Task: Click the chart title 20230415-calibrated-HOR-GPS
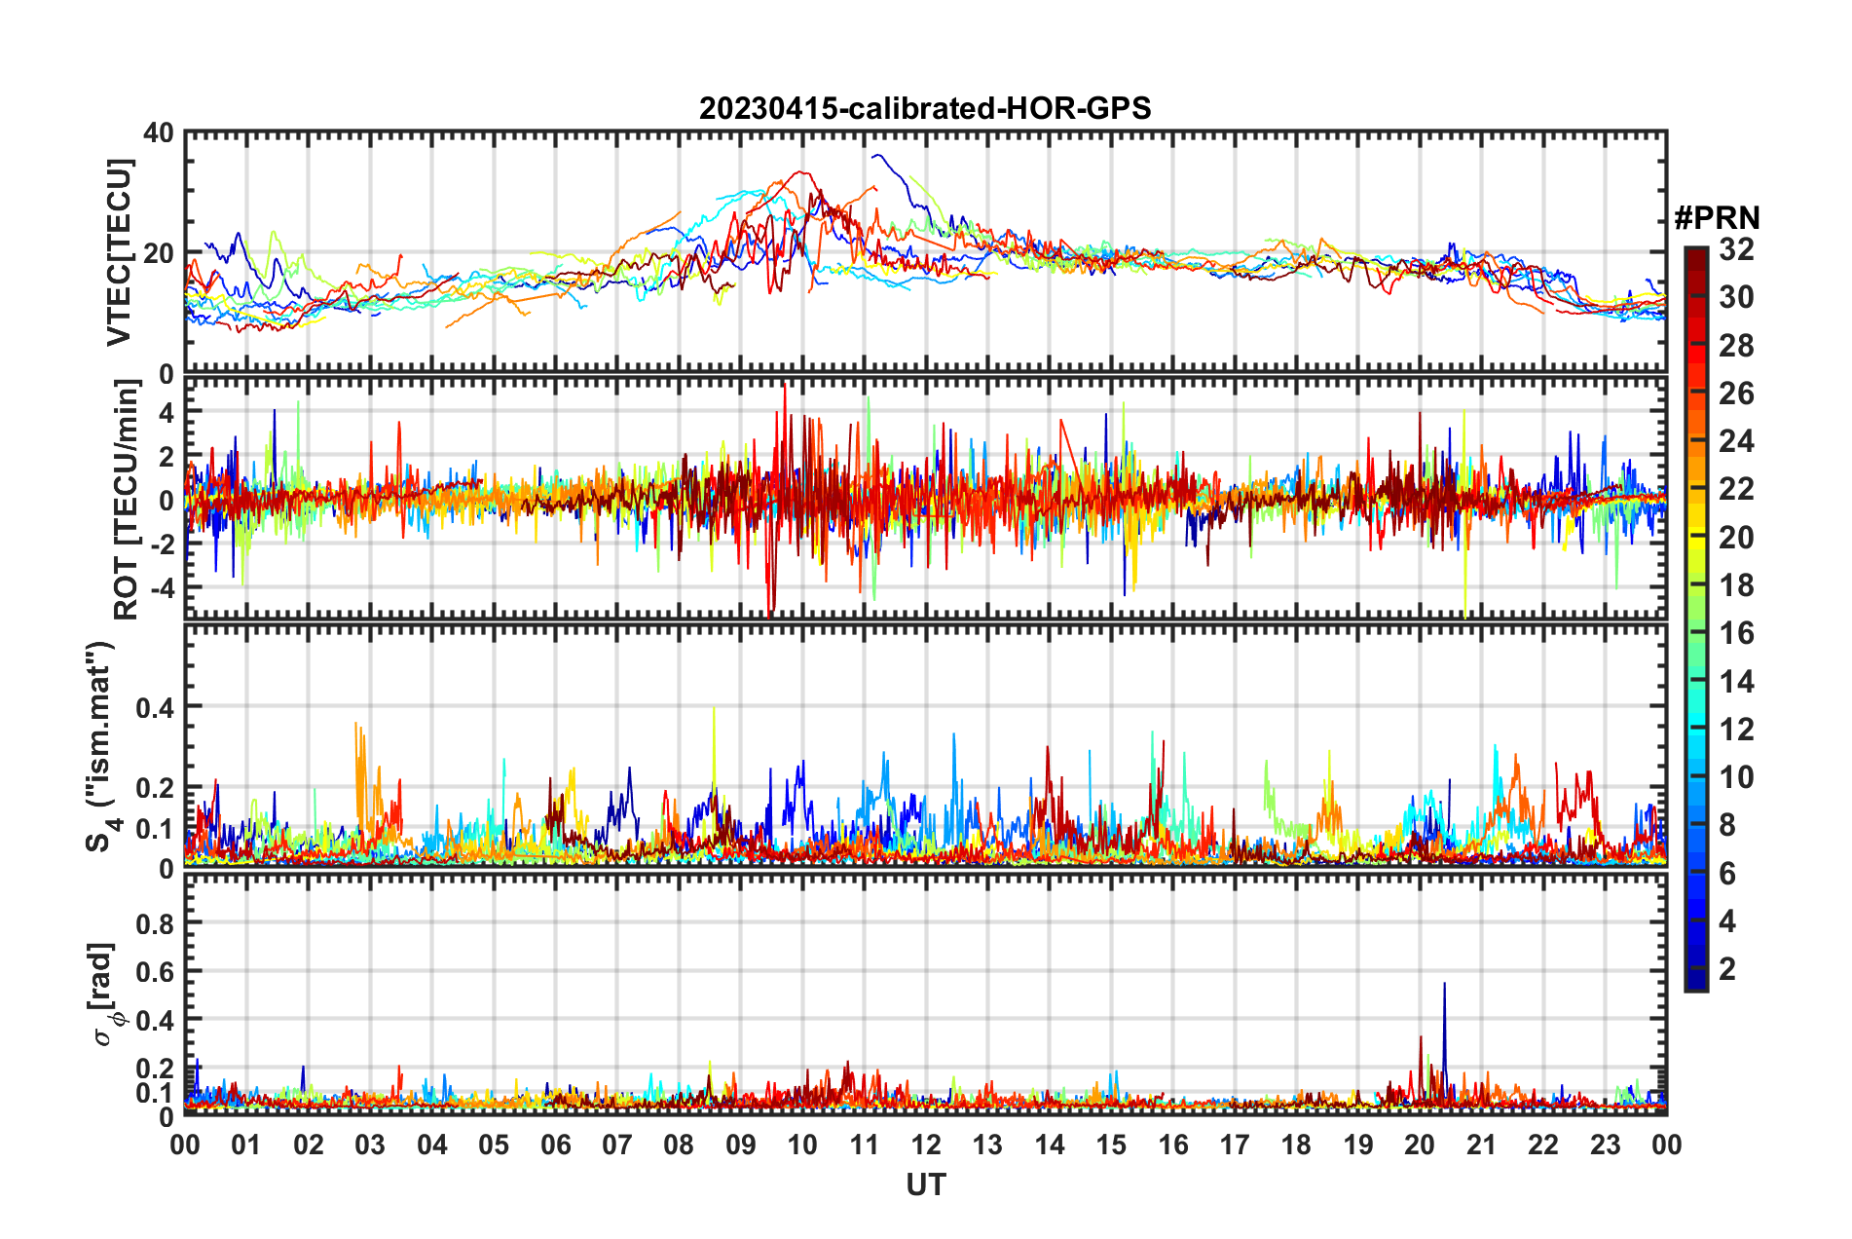click(925, 108)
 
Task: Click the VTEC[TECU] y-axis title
click(120, 252)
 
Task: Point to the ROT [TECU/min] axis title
click(127, 500)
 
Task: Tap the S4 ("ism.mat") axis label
click(101, 746)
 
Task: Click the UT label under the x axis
click(925, 1184)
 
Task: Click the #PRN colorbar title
click(1717, 217)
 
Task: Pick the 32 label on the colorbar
click(1736, 249)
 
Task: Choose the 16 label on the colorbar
click(1736, 633)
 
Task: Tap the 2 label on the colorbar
click(1727, 969)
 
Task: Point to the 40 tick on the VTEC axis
click(158, 132)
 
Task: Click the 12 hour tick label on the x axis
click(926, 1145)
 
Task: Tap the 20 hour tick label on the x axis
click(1420, 1145)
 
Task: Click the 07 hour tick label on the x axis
click(617, 1145)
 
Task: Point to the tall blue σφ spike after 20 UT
click(1444, 986)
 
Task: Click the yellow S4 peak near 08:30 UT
click(714, 710)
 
